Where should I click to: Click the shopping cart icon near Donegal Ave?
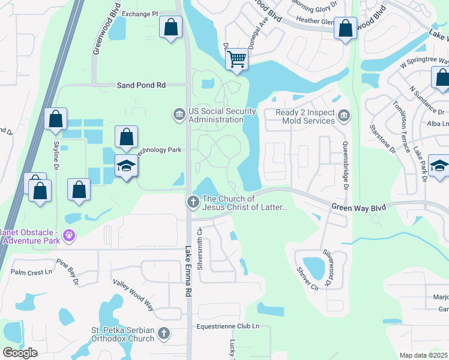click(237, 59)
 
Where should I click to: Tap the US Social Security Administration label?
click(216, 115)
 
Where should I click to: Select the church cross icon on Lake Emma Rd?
click(193, 202)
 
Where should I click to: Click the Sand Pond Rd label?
click(140, 86)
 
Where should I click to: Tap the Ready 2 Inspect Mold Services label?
click(305, 116)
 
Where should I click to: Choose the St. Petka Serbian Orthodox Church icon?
click(164, 333)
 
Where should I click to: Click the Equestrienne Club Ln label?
click(228, 326)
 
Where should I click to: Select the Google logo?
click(20, 352)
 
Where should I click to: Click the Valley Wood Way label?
click(133, 295)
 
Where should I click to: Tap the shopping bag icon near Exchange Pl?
click(171, 27)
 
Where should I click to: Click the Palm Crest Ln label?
click(31, 272)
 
